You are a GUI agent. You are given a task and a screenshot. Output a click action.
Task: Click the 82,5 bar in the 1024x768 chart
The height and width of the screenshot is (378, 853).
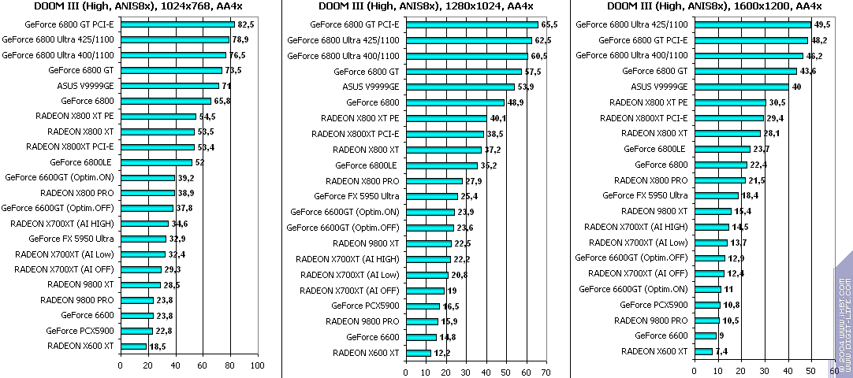pyautogui.click(x=177, y=24)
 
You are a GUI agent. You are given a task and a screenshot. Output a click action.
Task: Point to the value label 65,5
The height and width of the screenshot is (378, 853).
pyautogui.click(x=549, y=25)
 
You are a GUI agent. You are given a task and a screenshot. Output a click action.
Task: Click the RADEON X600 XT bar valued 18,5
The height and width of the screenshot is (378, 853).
pyautogui.click(x=133, y=346)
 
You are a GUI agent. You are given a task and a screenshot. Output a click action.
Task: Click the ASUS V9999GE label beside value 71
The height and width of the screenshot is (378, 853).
pyautogui.click(x=85, y=86)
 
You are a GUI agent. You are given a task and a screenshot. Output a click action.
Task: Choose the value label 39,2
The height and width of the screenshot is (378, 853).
pyautogui.click(x=187, y=177)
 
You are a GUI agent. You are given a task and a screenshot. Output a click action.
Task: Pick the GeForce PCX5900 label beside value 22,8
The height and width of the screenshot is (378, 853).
pyautogui.click(x=80, y=331)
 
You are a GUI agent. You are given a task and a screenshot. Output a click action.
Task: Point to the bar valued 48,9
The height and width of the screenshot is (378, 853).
pyautogui.click(x=454, y=102)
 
